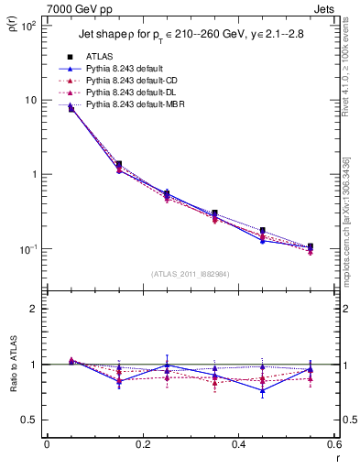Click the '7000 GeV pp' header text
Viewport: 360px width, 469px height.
tap(76, 8)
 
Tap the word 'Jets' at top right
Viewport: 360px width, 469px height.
tap(326, 8)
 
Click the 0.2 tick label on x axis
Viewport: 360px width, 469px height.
tap(142, 444)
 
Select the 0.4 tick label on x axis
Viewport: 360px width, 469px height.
tap(238, 444)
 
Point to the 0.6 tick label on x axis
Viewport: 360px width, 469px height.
tap(333, 444)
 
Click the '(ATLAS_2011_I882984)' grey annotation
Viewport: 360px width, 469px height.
tap(191, 273)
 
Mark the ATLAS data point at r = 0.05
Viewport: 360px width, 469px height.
tap(71, 108)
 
